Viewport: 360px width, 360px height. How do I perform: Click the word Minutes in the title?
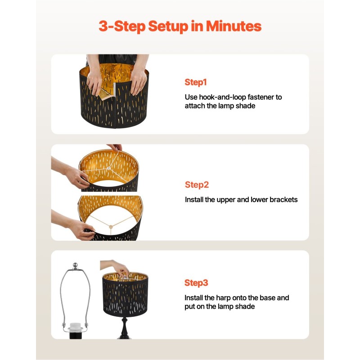pyautogui.click(x=234, y=26)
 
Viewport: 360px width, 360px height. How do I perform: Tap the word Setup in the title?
pyautogui.click(x=168, y=27)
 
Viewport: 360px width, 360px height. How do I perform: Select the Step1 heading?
pyautogui.click(x=196, y=82)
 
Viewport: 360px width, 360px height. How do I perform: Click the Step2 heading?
pyautogui.click(x=197, y=185)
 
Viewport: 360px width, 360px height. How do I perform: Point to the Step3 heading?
pyautogui.click(x=196, y=283)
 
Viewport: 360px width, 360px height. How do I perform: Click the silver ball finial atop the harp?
pyautogui.click(x=75, y=265)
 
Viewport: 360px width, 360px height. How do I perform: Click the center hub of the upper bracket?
pyautogui.click(x=108, y=168)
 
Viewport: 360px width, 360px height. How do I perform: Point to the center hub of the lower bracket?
pyautogui.click(x=111, y=227)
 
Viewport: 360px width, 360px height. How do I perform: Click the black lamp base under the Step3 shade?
pyautogui.click(x=124, y=328)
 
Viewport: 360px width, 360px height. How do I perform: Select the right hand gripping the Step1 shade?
pyautogui.click(x=138, y=82)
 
